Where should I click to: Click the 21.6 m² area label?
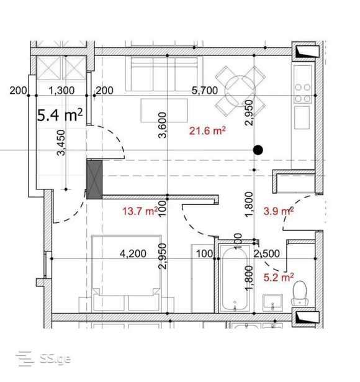(207, 131)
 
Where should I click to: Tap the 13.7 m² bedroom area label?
(140, 211)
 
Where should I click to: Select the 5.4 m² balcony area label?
(60, 115)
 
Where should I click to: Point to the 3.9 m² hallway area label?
(279, 211)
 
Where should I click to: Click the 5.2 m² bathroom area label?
(279, 277)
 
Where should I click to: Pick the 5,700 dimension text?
(204, 91)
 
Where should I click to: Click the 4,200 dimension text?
(133, 253)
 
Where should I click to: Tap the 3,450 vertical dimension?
(61, 143)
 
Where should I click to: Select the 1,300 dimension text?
(61, 91)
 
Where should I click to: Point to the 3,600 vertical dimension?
(163, 125)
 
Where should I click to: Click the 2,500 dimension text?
(267, 253)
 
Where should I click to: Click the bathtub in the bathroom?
(235, 279)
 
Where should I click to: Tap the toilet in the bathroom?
(300, 293)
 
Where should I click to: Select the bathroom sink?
(273, 302)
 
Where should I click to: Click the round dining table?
(240, 91)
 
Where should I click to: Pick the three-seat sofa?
(164, 74)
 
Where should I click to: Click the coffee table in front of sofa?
(164, 111)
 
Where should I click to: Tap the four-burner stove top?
(303, 93)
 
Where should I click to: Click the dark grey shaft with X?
(94, 180)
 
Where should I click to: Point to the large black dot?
(258, 150)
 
